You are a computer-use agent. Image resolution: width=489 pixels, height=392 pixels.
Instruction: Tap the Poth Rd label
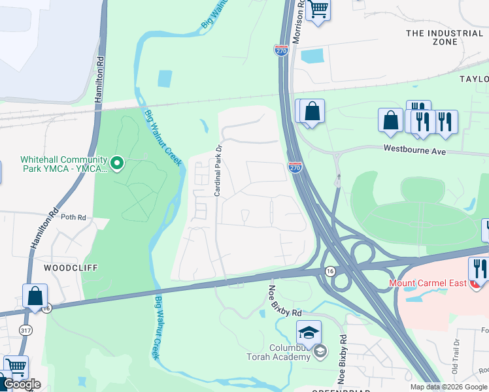[73, 218]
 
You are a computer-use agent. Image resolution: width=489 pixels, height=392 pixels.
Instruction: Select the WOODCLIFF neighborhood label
[65, 268]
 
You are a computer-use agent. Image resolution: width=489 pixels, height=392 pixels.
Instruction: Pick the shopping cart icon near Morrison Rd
[318, 9]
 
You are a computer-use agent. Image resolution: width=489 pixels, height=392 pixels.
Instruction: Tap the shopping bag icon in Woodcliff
[35, 295]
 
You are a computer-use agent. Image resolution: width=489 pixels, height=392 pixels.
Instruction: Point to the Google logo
[22, 384]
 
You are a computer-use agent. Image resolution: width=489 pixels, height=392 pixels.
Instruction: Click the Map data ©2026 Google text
[448, 387]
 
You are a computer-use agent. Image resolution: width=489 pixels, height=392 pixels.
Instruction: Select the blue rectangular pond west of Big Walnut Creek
[164, 78]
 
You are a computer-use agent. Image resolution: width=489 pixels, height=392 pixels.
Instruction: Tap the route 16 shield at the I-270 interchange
[331, 270]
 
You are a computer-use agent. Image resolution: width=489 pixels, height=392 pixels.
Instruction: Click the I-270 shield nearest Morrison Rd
[281, 50]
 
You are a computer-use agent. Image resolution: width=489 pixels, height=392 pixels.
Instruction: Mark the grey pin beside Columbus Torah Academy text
[320, 352]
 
